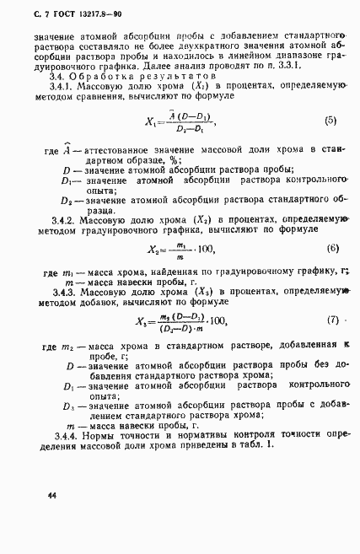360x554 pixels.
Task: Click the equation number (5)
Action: point(330,121)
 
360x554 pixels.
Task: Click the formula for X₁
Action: point(180,122)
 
